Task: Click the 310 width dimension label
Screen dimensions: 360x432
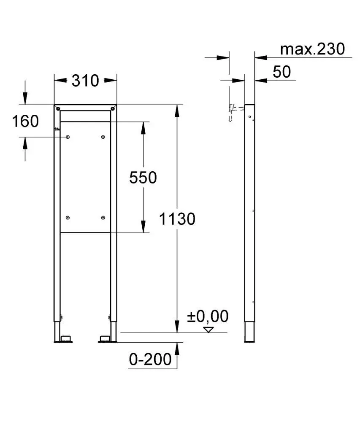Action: (x=85, y=81)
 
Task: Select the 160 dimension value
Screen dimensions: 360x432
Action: (x=25, y=121)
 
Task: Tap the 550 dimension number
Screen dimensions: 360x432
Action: (x=143, y=178)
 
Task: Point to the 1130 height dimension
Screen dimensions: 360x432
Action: (x=177, y=219)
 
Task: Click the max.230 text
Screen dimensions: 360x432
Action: (x=312, y=49)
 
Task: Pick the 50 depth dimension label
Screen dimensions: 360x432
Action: (x=282, y=72)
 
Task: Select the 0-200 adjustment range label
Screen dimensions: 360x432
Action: (x=150, y=359)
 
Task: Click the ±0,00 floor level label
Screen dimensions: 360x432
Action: (x=208, y=316)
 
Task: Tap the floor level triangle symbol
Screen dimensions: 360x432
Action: (x=208, y=329)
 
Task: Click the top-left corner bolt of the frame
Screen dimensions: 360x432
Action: (x=58, y=108)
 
